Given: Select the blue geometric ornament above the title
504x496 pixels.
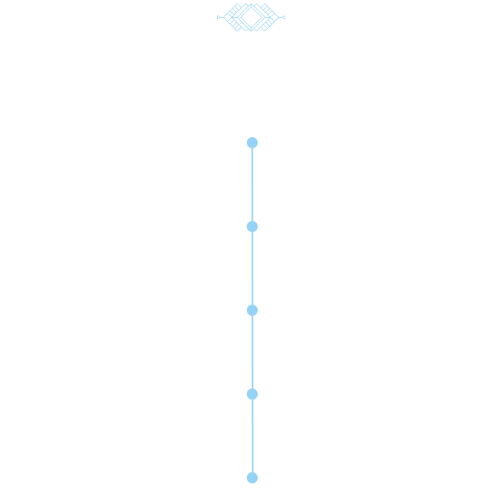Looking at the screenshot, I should point(251,16).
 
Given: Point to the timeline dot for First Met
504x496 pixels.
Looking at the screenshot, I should point(252,142).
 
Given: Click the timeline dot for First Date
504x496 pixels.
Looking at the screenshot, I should point(252,226).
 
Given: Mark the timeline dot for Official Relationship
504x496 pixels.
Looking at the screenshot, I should point(252,310).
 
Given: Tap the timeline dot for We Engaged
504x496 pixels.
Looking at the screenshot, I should point(252,394).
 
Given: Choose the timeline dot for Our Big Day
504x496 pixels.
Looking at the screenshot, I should point(252,477).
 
